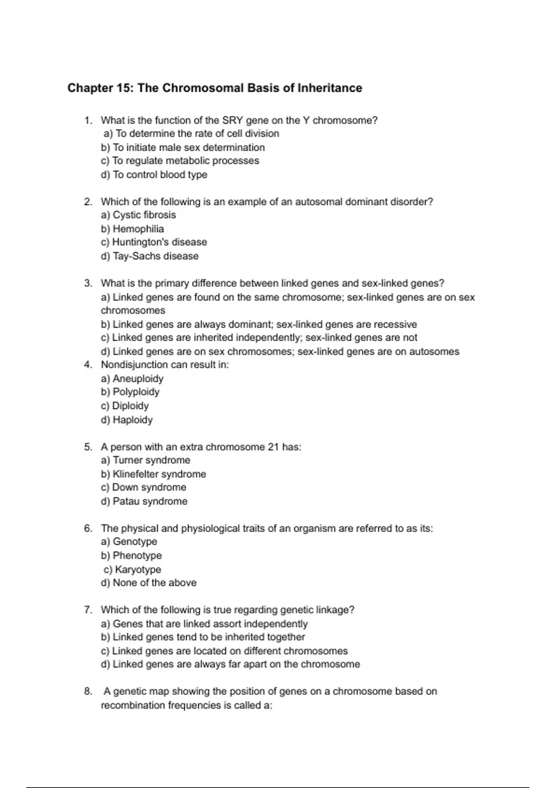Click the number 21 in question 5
coord(273,447)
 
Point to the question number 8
coord(88,692)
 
